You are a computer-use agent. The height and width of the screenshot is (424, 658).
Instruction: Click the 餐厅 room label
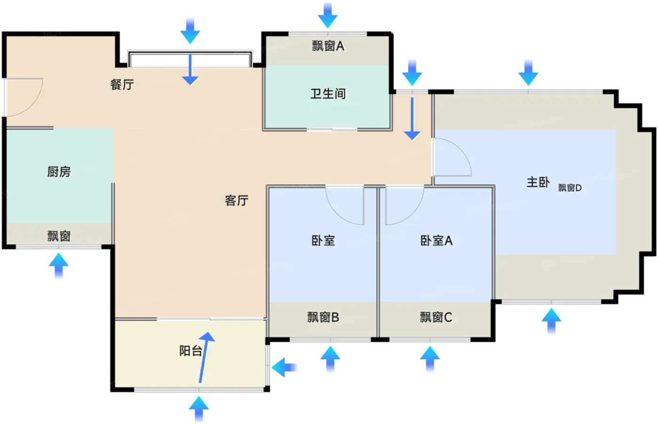(x=122, y=85)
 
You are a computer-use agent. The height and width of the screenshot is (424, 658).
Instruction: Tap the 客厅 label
(x=237, y=201)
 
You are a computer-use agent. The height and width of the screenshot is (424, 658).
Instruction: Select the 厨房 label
(x=59, y=172)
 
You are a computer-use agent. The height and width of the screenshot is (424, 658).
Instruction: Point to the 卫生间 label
(x=328, y=94)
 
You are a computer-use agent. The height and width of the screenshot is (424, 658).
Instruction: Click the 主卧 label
(x=538, y=182)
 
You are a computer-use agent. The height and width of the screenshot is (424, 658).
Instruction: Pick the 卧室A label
(x=437, y=241)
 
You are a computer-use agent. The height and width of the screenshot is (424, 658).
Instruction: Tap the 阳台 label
(x=191, y=351)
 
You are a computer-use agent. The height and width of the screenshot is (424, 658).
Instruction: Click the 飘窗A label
(x=328, y=46)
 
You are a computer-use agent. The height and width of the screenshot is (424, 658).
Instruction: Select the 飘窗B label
(x=323, y=317)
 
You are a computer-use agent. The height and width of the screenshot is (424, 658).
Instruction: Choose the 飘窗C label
(x=436, y=317)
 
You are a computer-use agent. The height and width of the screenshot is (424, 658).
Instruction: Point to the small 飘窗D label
(x=570, y=188)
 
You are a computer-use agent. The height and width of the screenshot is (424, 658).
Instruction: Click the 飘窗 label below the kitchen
(x=59, y=236)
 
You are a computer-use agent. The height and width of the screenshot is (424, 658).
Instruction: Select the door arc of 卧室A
(x=405, y=206)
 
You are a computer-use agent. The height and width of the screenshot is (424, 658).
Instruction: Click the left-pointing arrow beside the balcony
(x=284, y=367)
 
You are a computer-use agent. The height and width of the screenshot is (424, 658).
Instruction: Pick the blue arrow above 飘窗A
(x=328, y=16)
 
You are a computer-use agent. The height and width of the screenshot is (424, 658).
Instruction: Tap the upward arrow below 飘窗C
(x=430, y=359)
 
